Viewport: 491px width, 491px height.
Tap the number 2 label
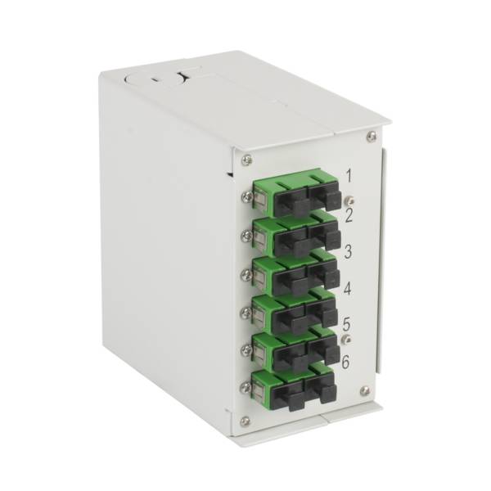pos(348,215)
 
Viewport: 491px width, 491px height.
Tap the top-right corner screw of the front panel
pos(372,136)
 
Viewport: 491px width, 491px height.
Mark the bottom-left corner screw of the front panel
pos(245,421)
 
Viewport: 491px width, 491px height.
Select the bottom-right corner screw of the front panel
pos(365,391)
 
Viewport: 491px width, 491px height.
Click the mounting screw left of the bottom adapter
pos(245,385)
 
